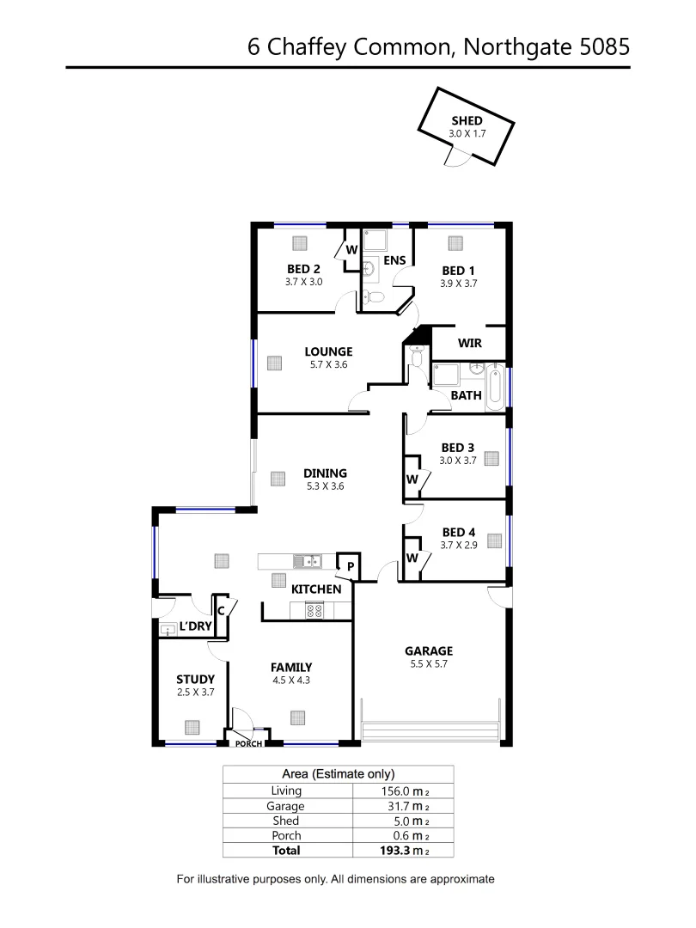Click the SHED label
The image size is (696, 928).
click(x=467, y=121)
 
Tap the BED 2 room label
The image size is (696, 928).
click(x=303, y=269)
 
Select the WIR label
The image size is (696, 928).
click(x=469, y=343)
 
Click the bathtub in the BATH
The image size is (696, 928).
click(x=495, y=388)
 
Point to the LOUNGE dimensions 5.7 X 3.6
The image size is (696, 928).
click(x=328, y=364)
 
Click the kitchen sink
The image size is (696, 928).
click(x=306, y=562)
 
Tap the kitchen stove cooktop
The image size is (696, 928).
click(x=314, y=611)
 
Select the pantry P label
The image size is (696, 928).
click(x=350, y=566)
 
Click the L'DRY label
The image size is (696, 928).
click(x=196, y=626)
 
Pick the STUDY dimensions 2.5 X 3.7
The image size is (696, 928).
click(x=195, y=692)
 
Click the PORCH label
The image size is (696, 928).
click(x=248, y=743)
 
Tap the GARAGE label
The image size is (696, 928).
click(x=429, y=651)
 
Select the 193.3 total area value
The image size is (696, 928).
click(x=385, y=850)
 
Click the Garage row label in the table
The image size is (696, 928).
click(x=285, y=806)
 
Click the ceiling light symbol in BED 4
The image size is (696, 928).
click(x=494, y=540)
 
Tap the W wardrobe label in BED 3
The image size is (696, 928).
click(x=412, y=479)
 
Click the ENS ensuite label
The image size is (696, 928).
click(x=394, y=260)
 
